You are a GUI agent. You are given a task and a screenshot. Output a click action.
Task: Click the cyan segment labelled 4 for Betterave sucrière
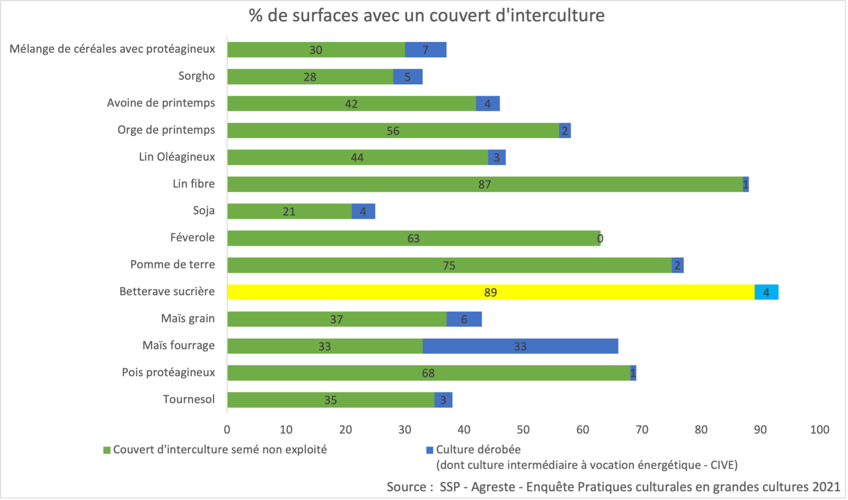(x=766, y=292)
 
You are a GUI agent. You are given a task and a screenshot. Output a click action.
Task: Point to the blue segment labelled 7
(x=426, y=50)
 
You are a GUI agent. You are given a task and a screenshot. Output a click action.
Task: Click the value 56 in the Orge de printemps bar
(x=393, y=131)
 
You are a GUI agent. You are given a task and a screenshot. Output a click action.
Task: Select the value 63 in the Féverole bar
(x=413, y=239)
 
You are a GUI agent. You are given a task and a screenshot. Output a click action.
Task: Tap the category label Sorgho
(x=197, y=76)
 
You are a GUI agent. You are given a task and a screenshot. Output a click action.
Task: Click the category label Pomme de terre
(x=173, y=265)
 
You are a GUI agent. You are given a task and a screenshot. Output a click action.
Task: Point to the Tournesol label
(x=189, y=399)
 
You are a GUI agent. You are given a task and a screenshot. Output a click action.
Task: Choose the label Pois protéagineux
(x=169, y=372)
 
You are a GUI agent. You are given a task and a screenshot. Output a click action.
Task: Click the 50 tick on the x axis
(x=523, y=429)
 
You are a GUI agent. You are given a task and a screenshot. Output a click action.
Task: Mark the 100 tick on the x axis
(x=819, y=429)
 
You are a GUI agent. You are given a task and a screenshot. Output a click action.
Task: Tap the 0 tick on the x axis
(x=227, y=429)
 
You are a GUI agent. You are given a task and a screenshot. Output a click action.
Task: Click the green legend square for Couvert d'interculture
(x=107, y=450)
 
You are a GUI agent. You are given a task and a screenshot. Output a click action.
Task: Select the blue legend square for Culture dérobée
(x=430, y=450)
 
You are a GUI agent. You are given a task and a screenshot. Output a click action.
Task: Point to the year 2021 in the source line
(x=825, y=487)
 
